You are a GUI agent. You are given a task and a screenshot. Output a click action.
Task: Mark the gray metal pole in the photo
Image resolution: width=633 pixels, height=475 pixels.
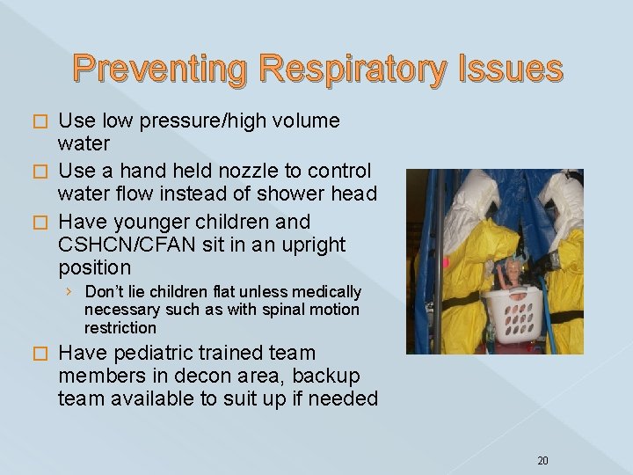coord(438,264)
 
